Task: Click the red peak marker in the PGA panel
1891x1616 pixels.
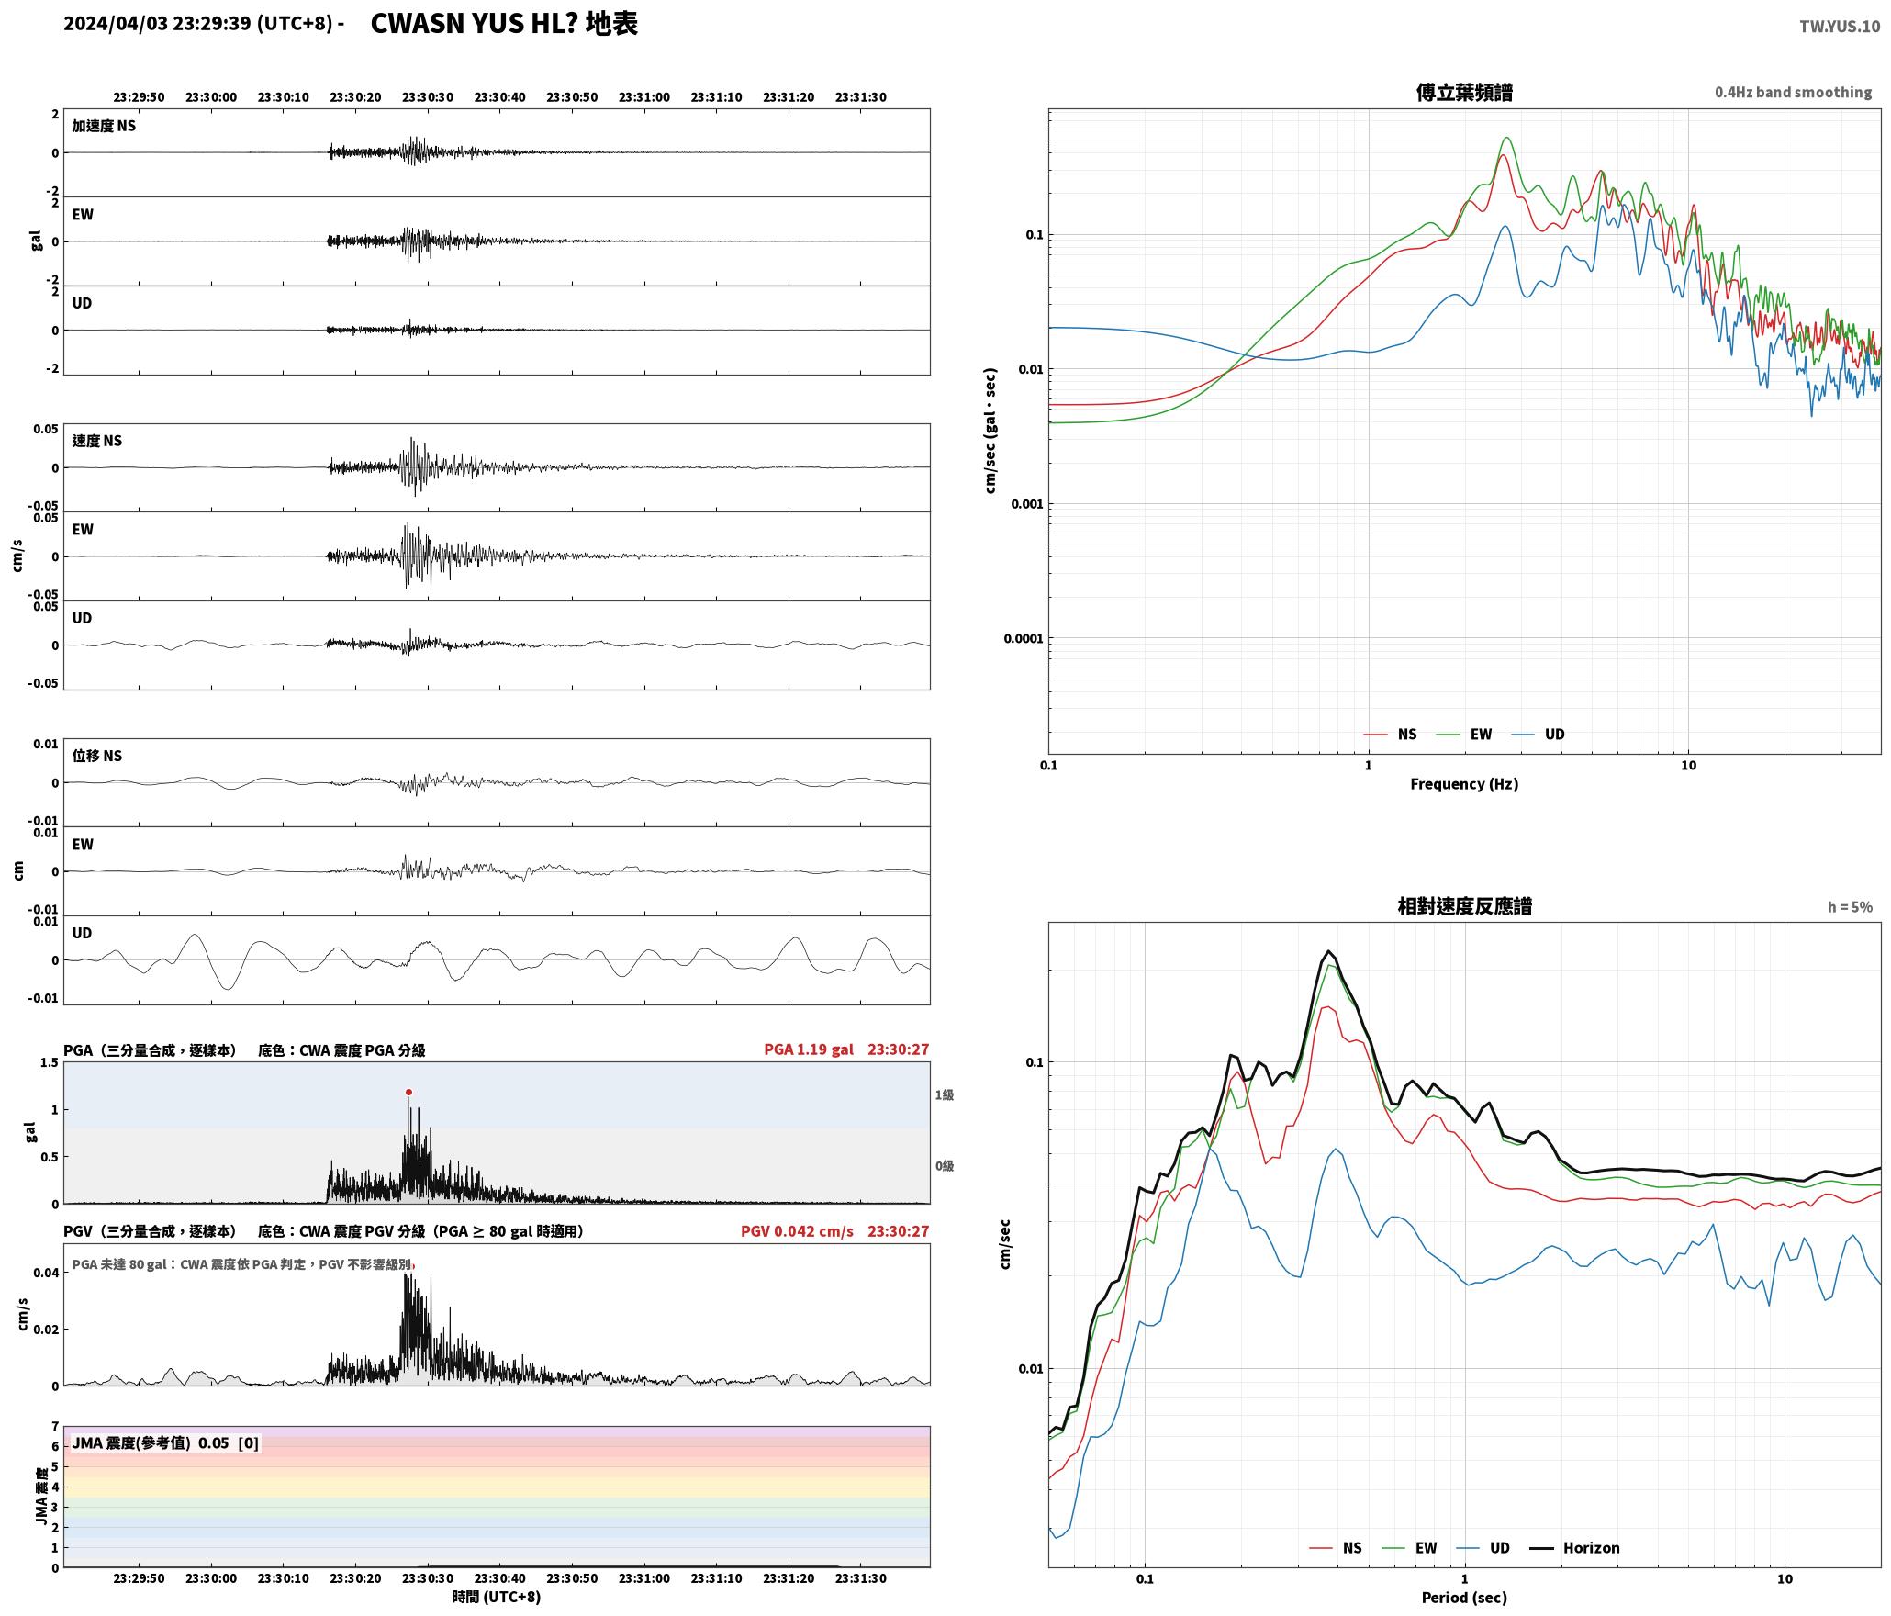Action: pyautogui.click(x=408, y=1092)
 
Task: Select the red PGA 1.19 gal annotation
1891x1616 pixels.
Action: pyautogui.click(x=808, y=1049)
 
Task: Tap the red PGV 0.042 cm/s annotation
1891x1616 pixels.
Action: pyautogui.click(x=797, y=1231)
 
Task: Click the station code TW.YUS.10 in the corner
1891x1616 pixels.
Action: pyautogui.click(x=1840, y=27)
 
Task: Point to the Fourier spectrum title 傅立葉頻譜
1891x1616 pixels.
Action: pyautogui.click(x=1464, y=93)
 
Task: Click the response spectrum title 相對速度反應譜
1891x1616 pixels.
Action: pyautogui.click(x=1464, y=906)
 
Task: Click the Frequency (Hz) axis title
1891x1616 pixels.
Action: pyautogui.click(x=1464, y=784)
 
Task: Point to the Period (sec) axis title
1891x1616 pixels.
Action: pyautogui.click(x=1464, y=1598)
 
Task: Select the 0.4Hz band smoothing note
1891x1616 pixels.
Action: pyautogui.click(x=1793, y=93)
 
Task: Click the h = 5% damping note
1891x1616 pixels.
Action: pyautogui.click(x=1850, y=907)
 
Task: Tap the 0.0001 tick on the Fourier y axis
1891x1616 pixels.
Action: pyautogui.click(x=1023, y=639)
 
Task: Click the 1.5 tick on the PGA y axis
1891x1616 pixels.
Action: pyautogui.click(x=49, y=1063)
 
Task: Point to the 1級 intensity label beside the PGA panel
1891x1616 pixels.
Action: pyautogui.click(x=945, y=1095)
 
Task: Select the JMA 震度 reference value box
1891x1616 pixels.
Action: pyautogui.click(x=165, y=1443)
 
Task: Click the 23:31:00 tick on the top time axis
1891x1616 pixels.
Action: pyautogui.click(x=644, y=97)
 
